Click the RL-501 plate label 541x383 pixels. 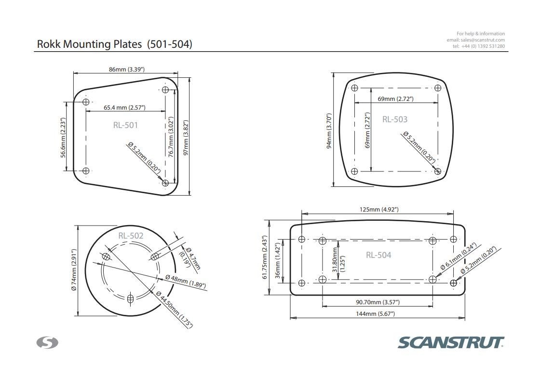(125, 125)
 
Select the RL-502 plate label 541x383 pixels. (131, 236)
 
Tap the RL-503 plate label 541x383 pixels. (394, 119)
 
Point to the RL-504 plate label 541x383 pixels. (378, 255)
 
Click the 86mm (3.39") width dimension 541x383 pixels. (126, 70)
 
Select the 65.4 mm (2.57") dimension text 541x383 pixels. (124, 107)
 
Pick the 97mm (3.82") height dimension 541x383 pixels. (186, 138)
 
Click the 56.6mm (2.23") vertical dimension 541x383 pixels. (63, 137)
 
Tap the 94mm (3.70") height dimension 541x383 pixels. (329, 131)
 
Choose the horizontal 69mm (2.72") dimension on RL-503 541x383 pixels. (395, 99)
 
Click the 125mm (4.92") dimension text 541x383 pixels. (379, 210)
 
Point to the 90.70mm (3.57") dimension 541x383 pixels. (378, 302)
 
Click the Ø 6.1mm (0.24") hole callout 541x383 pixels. (458, 256)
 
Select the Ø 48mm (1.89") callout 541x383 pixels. (185, 280)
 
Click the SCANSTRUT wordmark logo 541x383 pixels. (451, 342)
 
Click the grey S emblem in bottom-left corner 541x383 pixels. (47, 342)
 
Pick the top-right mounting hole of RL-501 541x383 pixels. (165, 89)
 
